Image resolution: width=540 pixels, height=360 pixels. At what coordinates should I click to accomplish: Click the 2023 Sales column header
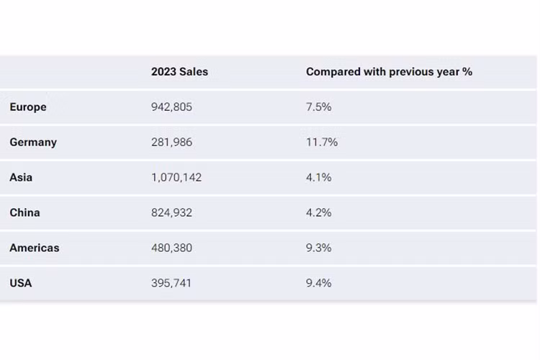tap(179, 72)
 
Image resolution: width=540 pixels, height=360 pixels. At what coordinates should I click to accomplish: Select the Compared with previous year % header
tap(389, 72)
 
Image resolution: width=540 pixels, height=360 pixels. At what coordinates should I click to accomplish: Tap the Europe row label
tap(28, 107)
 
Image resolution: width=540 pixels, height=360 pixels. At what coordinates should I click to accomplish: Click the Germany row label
tap(33, 143)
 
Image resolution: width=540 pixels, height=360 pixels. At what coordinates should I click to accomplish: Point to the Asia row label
tap(21, 177)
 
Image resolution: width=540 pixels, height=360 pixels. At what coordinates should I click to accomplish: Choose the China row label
tap(24, 212)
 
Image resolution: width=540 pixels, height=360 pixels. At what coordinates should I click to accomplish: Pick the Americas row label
tap(35, 248)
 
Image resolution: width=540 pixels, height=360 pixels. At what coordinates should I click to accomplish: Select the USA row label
tap(21, 283)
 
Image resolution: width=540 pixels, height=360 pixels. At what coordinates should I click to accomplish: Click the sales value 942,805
tap(171, 107)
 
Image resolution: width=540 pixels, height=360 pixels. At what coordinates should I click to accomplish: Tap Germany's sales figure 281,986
tap(171, 143)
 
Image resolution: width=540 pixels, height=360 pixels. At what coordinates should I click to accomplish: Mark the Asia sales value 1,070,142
tap(176, 177)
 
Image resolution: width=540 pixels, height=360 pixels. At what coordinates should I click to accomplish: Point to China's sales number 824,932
tap(171, 212)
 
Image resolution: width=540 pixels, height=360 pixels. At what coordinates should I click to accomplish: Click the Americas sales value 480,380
tap(171, 248)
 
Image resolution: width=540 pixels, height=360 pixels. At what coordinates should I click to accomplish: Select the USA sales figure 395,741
tap(171, 283)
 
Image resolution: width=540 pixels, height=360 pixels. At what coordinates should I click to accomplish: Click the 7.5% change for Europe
tap(318, 107)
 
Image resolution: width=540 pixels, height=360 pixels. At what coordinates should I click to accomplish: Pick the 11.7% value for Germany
tap(322, 143)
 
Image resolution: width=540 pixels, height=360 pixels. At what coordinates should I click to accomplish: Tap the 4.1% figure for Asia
tap(318, 177)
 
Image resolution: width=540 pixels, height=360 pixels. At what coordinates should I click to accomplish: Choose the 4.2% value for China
tap(318, 212)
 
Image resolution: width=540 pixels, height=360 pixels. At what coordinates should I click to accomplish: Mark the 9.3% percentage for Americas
tap(318, 248)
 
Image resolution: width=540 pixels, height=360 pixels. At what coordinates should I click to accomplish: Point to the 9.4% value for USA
tap(318, 283)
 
